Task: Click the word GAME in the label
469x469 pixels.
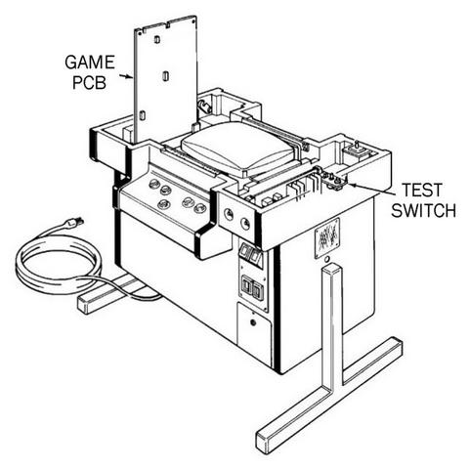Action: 90,63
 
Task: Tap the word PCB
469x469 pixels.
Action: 89,82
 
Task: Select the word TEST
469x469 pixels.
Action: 422,191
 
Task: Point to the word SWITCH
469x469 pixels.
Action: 423,210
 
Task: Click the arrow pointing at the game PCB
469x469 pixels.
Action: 126,76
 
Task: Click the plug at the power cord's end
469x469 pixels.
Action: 74,223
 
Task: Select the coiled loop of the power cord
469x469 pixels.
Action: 59,266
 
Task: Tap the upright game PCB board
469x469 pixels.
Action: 166,80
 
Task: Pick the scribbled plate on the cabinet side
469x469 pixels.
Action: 326,237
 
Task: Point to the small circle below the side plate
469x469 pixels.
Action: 327,259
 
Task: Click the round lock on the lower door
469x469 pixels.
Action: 253,322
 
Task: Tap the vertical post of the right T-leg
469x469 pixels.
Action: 331,325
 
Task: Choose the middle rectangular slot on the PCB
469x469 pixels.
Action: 165,76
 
